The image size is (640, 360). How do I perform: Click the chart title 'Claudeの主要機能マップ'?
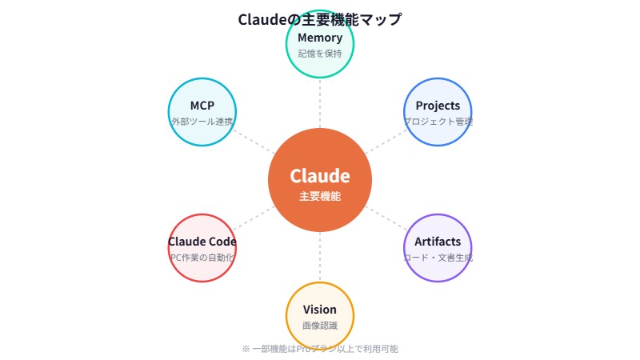(320, 19)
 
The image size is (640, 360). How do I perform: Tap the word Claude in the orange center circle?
(320, 176)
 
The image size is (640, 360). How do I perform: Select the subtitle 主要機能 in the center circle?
(320, 196)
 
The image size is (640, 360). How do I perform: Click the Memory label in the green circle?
(320, 38)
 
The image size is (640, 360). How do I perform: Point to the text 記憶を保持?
(320, 54)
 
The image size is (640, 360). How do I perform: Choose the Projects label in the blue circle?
(438, 106)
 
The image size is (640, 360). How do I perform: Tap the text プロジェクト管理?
(438, 122)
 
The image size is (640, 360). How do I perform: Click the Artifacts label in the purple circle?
(438, 242)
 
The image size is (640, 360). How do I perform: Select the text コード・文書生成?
(438, 258)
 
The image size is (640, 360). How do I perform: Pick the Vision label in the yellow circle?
(320, 310)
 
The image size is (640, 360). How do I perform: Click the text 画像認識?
(320, 326)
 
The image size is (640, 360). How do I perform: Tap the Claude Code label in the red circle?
(202, 242)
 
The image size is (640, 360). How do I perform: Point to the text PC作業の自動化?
(202, 258)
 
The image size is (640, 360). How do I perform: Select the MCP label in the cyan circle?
(202, 106)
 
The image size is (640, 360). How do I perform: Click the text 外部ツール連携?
(202, 122)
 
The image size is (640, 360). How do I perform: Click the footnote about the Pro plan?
(320, 349)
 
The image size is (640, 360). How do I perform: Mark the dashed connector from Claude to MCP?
(255, 142)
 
